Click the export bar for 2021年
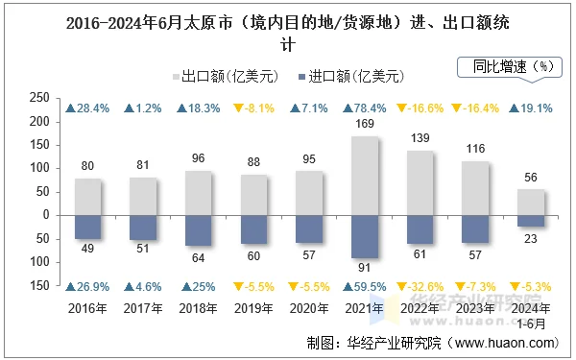click(366, 176)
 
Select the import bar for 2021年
click(366, 235)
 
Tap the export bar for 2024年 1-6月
click(532, 202)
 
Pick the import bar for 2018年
click(199, 229)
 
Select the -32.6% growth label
click(421, 286)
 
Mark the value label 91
click(366, 268)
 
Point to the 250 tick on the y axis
click(39, 98)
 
